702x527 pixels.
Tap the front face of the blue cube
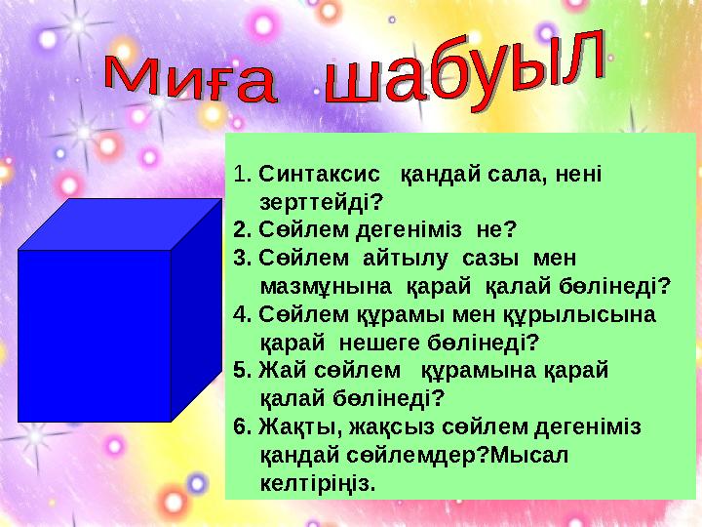pyautogui.click(x=95, y=335)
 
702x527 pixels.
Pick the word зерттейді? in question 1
pyautogui.click(x=321, y=203)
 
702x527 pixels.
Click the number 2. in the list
pyautogui.click(x=244, y=230)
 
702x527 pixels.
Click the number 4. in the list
pyautogui.click(x=244, y=315)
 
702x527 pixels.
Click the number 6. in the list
pyautogui.click(x=244, y=427)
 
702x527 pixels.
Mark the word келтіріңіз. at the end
pyautogui.click(x=318, y=483)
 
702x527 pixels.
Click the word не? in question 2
pyautogui.click(x=496, y=230)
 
